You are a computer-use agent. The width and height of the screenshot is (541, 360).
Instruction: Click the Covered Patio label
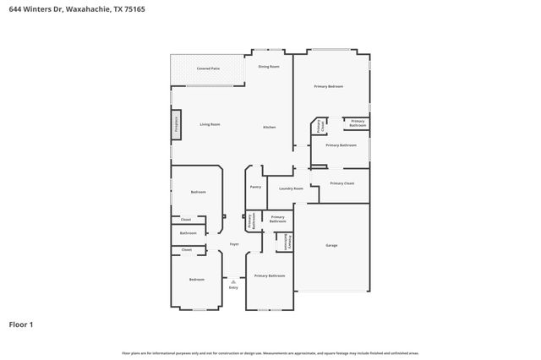[208, 68]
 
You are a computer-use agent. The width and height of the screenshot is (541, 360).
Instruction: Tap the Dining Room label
[269, 65]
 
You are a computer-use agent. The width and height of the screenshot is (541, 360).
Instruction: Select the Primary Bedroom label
[329, 86]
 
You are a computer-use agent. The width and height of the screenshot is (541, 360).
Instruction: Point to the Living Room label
[210, 124]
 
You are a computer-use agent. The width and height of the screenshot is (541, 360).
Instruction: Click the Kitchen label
[269, 127]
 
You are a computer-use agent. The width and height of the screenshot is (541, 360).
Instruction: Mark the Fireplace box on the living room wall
[176, 125]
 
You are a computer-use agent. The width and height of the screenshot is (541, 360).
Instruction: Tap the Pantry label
[255, 187]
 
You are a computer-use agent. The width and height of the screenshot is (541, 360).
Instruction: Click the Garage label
[331, 245]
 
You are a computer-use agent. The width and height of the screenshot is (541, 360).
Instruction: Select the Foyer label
[233, 244]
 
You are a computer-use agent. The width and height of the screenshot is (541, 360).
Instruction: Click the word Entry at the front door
[233, 287]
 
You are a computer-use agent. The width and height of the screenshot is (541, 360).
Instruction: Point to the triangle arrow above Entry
[233, 281]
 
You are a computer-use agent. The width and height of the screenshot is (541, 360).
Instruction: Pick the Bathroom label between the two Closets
[188, 233]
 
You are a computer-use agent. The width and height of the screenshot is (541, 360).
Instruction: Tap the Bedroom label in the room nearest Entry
[196, 279]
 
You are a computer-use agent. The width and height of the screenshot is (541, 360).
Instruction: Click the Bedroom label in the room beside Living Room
[198, 192]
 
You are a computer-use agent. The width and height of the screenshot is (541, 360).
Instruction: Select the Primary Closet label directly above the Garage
[342, 183]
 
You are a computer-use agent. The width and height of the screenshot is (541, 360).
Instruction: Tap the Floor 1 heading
[20, 324]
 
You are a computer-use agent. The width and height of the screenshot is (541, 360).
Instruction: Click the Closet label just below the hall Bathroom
[187, 249]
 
